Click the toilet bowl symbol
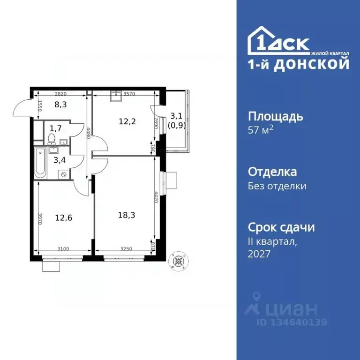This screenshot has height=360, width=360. coord(51,138)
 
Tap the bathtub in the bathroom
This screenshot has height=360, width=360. coord(40,162)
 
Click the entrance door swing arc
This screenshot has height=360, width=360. coord(21,109)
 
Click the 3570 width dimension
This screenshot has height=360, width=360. coord(129,94)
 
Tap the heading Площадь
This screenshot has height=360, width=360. coord(275,116)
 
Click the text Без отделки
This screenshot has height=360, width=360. coord(277,186)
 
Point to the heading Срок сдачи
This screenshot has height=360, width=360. coord(281,227)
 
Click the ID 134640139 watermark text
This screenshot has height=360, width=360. coord(291,322)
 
